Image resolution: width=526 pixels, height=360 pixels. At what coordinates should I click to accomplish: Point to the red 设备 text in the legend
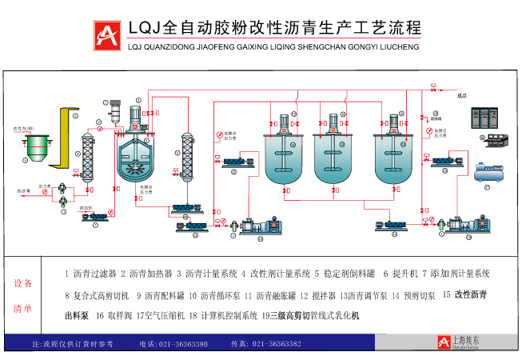click(24, 283)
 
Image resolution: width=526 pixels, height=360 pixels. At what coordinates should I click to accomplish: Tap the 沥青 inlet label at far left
click(23, 190)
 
